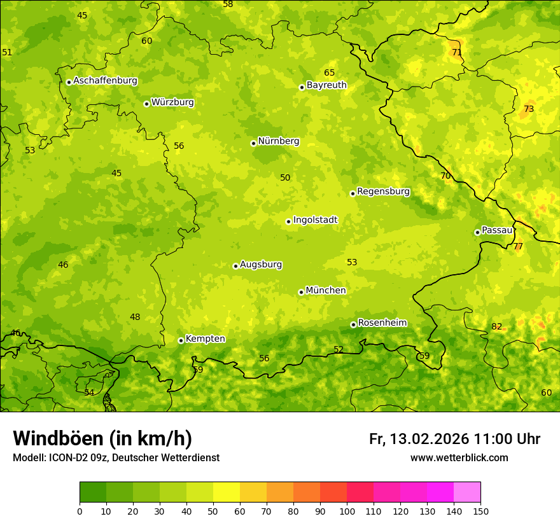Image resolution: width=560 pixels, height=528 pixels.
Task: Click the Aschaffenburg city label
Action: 105,81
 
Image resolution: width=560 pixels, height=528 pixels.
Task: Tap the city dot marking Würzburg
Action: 146,104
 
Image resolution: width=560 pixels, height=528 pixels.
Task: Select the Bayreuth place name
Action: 326,85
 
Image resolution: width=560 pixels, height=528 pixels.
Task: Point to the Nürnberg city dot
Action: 253,143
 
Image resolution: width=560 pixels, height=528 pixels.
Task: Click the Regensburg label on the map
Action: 383,191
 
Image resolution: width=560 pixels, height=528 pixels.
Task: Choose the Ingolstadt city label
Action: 315,219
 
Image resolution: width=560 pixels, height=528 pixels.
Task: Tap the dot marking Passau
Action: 477,232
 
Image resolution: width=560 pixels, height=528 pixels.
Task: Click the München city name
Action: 325,290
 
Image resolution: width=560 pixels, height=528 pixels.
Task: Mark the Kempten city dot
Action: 181,340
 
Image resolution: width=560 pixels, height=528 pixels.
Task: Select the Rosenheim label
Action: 382,323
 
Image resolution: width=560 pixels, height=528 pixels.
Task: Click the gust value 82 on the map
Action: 496,327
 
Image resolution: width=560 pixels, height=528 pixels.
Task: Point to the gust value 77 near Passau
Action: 518,246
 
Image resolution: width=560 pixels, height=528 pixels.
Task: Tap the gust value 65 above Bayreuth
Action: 329,73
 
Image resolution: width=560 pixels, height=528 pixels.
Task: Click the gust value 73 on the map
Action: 529,109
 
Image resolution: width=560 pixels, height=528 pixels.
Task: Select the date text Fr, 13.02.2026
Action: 419,439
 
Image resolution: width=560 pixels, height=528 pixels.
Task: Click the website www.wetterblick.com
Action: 459,458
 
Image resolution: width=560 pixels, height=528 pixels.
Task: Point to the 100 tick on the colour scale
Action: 347,510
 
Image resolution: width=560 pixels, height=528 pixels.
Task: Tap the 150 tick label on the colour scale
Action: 480,510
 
